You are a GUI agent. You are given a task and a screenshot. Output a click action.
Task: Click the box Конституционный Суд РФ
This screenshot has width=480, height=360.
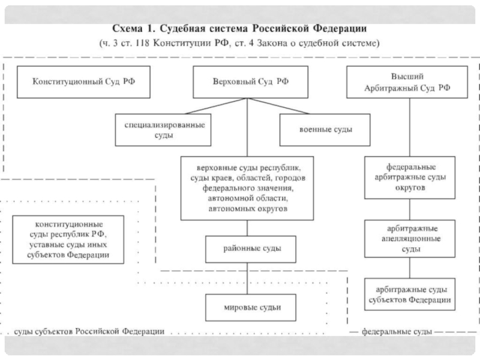[84, 81]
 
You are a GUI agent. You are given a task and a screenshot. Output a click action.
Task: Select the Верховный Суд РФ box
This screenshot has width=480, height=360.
[247, 82]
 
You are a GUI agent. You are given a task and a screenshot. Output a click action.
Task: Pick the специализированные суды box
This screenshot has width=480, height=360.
[163, 130]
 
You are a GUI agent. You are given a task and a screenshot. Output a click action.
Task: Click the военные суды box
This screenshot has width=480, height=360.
[325, 130]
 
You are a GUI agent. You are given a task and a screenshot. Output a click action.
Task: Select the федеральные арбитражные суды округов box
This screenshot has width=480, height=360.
[410, 177]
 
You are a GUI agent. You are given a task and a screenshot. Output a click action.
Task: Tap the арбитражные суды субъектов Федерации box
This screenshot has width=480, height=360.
[410, 294]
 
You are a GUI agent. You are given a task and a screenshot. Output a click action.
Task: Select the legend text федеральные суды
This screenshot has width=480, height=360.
[394, 331]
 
